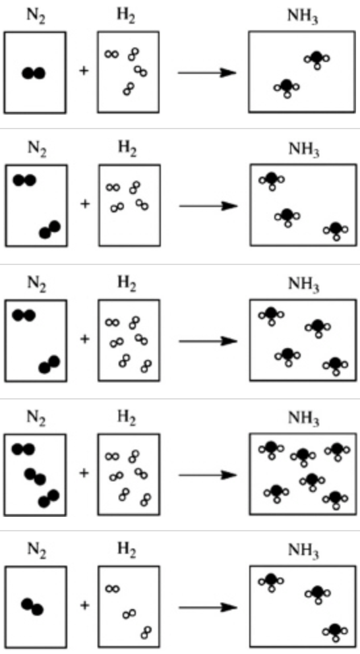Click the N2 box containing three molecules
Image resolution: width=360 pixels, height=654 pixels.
(36, 474)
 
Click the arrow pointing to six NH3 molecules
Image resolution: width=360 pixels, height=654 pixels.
(208, 474)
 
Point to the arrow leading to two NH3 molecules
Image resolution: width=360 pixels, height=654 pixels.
(208, 71)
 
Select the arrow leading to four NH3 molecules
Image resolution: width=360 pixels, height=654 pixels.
(208, 341)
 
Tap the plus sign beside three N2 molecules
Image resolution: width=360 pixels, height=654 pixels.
(84, 473)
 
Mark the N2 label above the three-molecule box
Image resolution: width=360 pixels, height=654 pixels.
(36, 419)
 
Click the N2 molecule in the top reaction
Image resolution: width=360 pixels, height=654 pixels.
(34, 73)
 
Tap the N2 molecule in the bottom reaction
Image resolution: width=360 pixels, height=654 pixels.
(32, 606)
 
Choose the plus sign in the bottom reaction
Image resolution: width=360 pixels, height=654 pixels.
(84, 605)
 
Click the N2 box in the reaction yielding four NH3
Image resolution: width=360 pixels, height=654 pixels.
(36, 340)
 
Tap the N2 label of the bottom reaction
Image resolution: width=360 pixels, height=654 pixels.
(36, 553)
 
